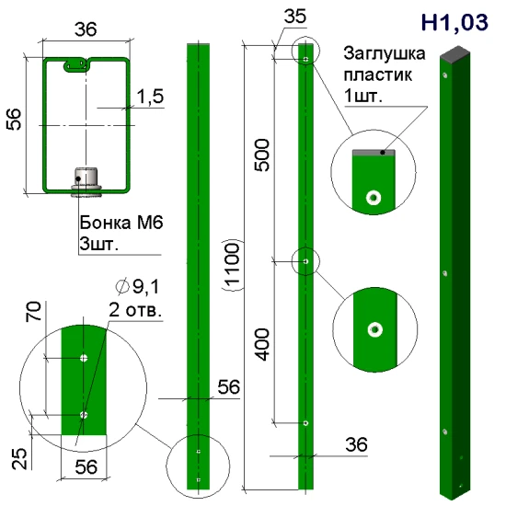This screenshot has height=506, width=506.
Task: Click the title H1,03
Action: [x=454, y=22]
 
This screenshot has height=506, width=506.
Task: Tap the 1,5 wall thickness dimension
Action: [x=150, y=97]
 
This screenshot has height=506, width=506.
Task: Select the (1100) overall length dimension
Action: [x=232, y=265]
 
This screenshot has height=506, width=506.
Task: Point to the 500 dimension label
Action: [x=261, y=155]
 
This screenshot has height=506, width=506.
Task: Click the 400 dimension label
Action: [x=261, y=344]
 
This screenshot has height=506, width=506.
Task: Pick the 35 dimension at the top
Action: [x=295, y=17]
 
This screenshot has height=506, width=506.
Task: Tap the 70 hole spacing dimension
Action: [x=33, y=311]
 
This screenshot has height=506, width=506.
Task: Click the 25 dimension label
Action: [x=19, y=458]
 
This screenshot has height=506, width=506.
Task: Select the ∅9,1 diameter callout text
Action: [x=138, y=286]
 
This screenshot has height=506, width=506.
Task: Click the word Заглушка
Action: [x=385, y=53]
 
